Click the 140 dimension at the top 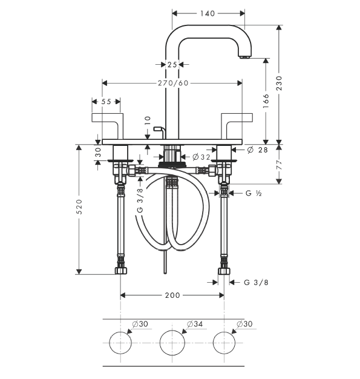coord(208,13)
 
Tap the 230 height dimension coord(279,83)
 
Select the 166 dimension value coord(266,101)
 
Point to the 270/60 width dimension coord(173,83)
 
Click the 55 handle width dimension coord(106,102)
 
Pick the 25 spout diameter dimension coord(172,65)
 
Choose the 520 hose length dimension coord(79,206)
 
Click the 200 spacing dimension coord(172,295)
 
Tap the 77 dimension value coord(279,165)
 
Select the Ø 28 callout coord(258,150)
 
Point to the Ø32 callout coord(201,157)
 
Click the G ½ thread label coord(254,193)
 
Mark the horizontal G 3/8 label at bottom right coord(256,282)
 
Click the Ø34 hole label coord(195,324)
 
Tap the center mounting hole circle coord(172,343)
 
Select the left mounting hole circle coord(120,343)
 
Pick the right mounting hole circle coord(224,343)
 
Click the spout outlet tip coord(245,58)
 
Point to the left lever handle coord(108,121)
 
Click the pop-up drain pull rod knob coord(158,128)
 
